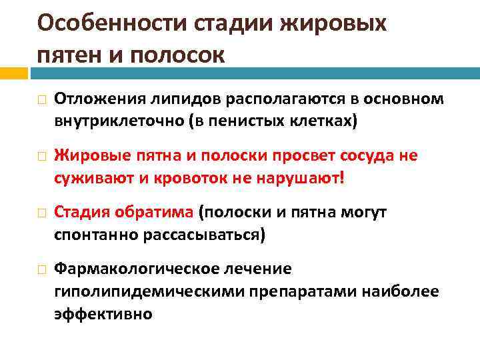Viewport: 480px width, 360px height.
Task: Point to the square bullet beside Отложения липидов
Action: point(41,100)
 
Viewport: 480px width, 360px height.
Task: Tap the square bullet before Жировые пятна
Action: point(41,157)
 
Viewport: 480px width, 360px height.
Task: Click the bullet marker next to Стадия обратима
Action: point(41,213)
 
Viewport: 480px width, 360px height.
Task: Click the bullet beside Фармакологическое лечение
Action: point(41,270)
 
